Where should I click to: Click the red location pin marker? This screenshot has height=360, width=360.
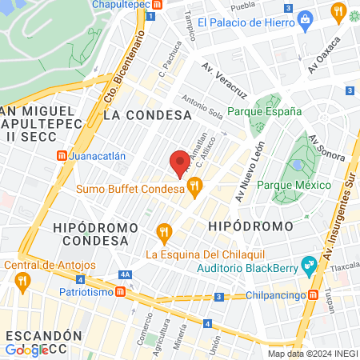click(180, 163)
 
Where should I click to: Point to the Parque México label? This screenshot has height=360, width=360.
click(294, 186)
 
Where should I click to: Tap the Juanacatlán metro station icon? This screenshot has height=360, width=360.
click(61, 156)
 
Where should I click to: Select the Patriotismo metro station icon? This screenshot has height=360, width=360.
click(120, 293)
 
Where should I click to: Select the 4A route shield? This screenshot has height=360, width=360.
click(125, 274)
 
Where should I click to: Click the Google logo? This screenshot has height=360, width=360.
click(26, 350)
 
